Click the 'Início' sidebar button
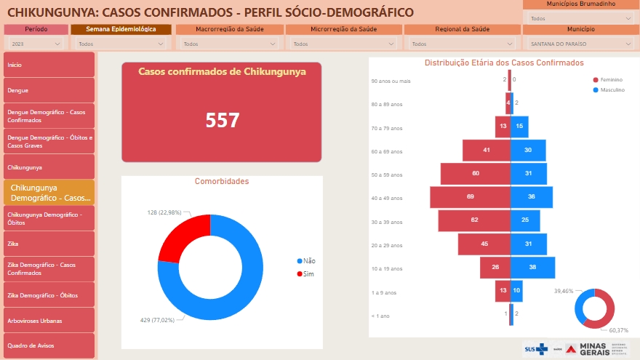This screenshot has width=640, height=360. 49,65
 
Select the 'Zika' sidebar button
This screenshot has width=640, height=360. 49,243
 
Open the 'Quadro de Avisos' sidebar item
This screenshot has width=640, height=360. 49,345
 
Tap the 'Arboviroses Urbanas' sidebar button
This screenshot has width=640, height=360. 49,320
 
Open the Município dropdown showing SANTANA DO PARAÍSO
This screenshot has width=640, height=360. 579,44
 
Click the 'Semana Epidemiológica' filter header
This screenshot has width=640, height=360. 121,29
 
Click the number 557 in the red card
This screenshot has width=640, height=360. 223,120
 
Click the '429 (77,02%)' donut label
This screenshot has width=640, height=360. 158,320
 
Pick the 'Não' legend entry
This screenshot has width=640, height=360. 309,260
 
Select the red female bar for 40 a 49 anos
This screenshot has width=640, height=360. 470,197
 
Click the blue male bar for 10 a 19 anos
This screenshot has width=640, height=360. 532,267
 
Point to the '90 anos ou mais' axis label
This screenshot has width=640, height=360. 391,81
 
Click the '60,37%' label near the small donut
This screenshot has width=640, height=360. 619,330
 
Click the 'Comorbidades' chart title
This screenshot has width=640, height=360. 222,181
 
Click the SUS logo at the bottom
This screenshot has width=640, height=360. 537,349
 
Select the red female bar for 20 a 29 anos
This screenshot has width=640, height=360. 484,244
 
